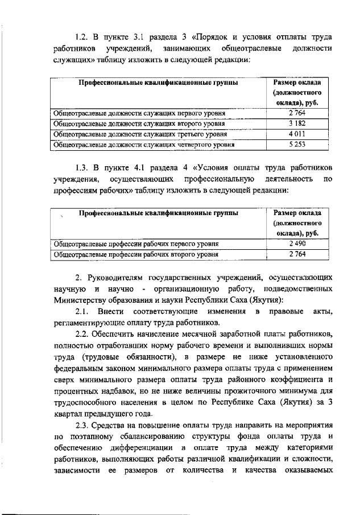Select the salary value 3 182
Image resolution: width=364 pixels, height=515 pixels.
tap(297, 123)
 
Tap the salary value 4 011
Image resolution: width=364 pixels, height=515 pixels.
tap(297, 134)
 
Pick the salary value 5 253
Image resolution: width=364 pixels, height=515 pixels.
tap(297, 145)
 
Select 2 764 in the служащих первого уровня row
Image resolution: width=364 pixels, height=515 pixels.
tap(297, 113)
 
